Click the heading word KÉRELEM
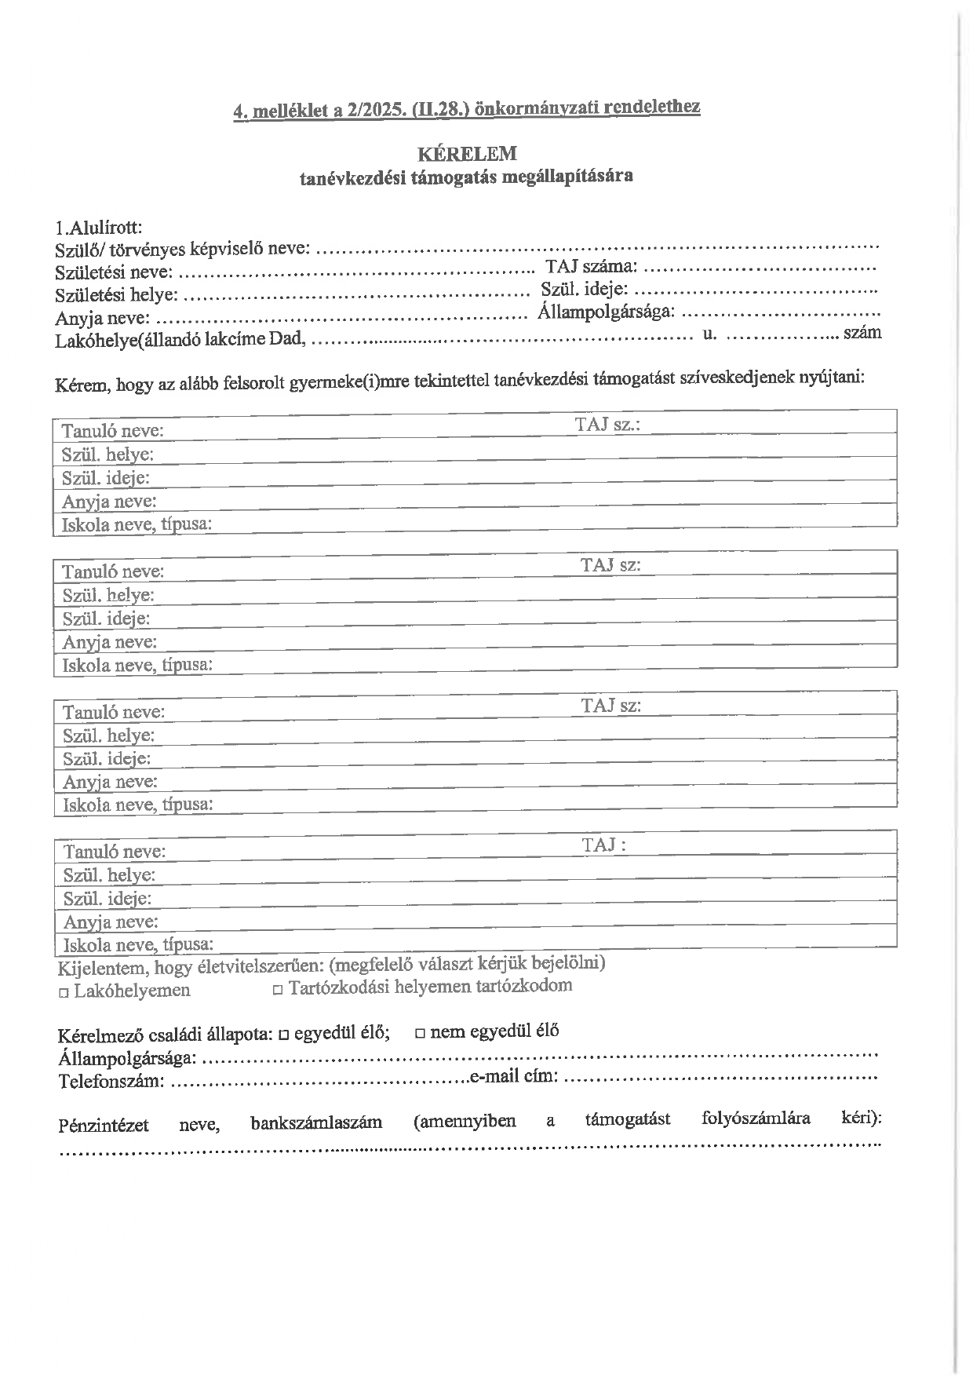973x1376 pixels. tap(467, 153)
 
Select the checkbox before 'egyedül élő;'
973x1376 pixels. tap(283, 1034)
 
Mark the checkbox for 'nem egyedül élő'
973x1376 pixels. tap(420, 1033)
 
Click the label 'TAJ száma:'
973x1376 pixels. tap(591, 268)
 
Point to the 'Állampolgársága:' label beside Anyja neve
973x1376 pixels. tap(606, 312)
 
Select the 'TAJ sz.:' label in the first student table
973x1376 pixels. tap(607, 425)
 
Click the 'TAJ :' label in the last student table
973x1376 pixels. tap(603, 845)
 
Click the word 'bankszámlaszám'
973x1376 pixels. tap(316, 1122)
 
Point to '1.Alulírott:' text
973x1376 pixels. tap(99, 228)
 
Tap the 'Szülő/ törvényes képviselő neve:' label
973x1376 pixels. tap(183, 250)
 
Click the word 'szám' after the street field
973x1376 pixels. tap(862, 332)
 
